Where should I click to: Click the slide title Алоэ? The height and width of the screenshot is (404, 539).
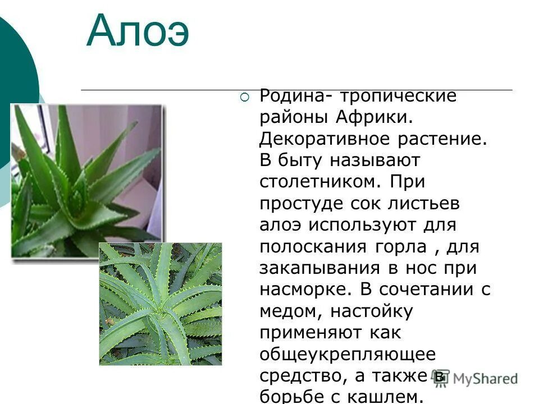click(138, 32)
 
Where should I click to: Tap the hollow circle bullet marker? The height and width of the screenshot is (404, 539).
click(244, 98)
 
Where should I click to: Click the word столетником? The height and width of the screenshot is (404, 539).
click(316, 182)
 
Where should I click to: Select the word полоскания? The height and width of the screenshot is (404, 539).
click(313, 246)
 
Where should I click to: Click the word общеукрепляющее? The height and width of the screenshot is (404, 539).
click(348, 354)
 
